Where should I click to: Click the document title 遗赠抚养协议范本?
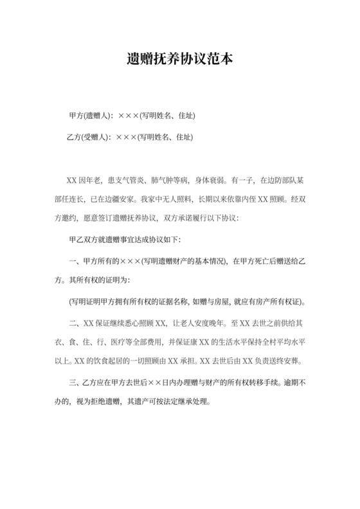tap(179, 60)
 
